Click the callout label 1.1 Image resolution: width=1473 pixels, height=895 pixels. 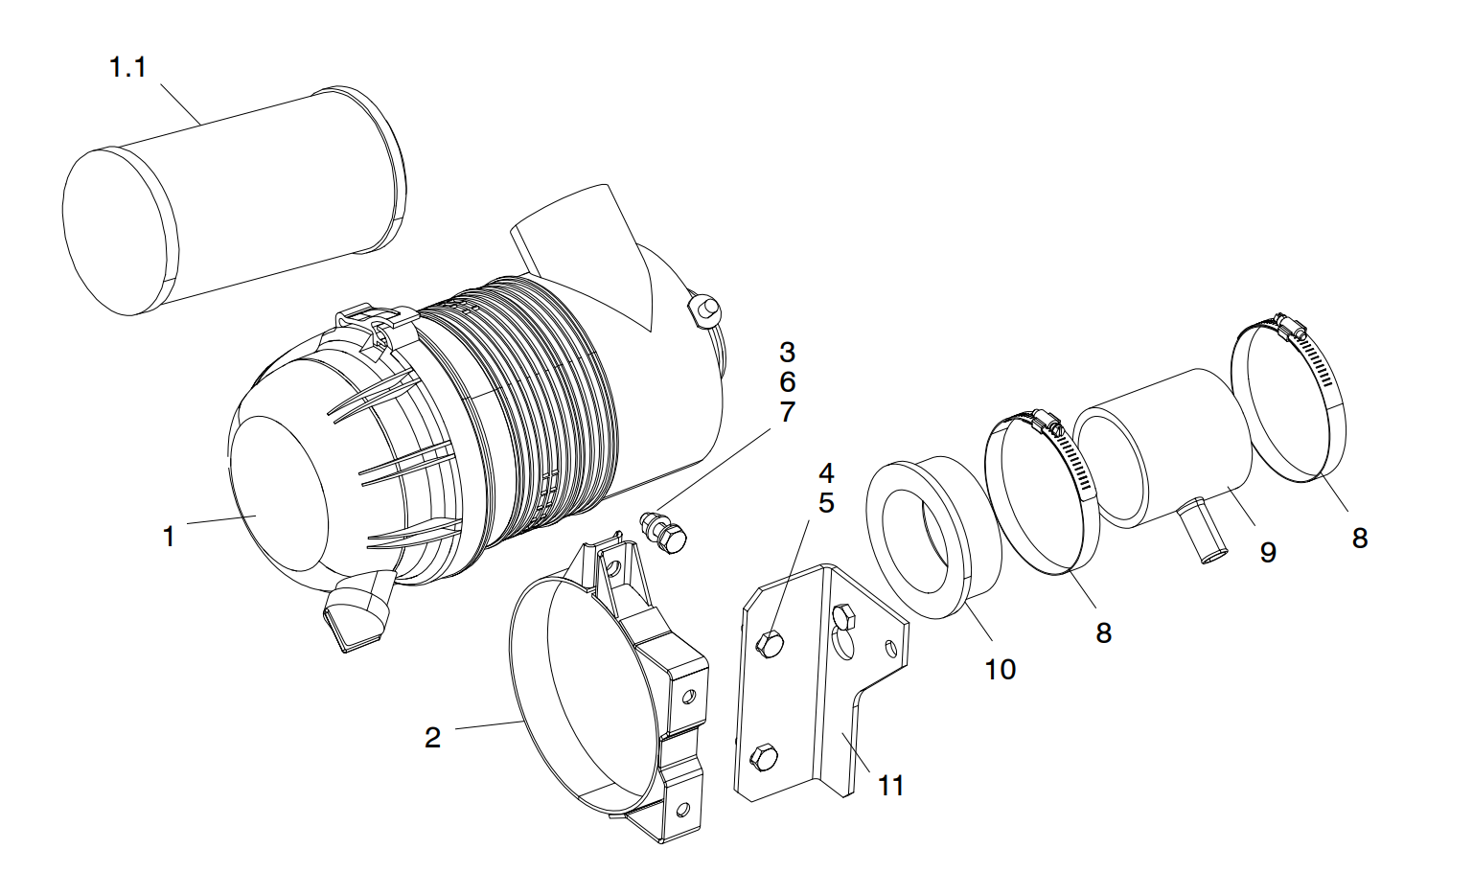[x=127, y=67]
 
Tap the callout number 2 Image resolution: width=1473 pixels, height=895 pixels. [x=432, y=737]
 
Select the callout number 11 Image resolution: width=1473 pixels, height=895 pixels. [x=891, y=786]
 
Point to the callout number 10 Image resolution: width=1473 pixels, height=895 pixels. [x=1000, y=669]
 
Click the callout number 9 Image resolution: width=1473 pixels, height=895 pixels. [x=1268, y=552]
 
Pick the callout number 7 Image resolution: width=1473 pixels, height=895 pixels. [x=787, y=412]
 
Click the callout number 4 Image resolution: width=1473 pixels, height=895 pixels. [x=826, y=472]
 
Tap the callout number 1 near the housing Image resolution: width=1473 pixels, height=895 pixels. [x=169, y=536]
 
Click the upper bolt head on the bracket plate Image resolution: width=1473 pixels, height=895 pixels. [x=770, y=643]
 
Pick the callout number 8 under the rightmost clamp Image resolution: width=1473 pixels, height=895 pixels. [x=1359, y=539]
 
